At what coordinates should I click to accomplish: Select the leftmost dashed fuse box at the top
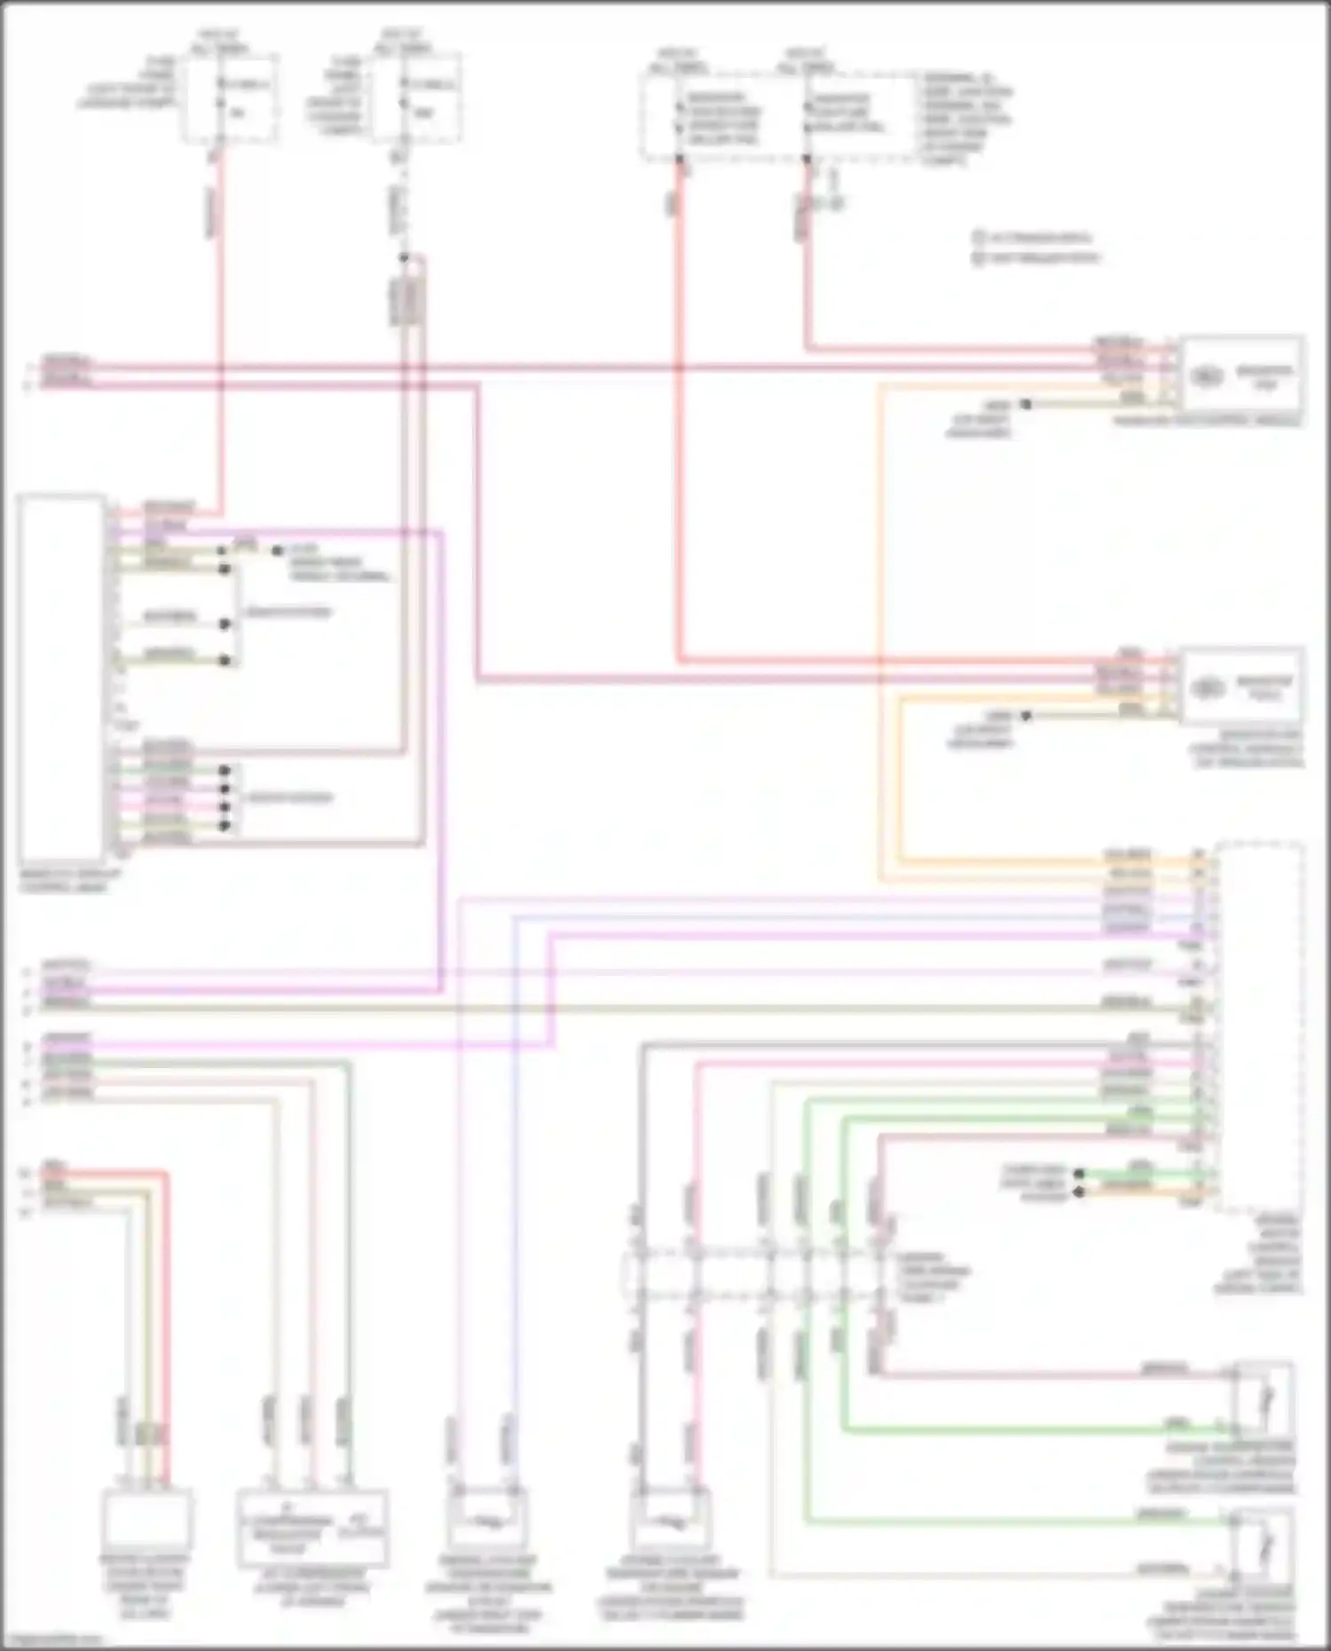coord(230,97)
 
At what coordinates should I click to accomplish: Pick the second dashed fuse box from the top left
coord(417,97)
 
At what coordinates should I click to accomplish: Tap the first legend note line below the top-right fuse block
coord(1034,238)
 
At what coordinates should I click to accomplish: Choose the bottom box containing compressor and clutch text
coord(312,1527)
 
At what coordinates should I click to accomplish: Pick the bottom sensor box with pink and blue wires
coord(486,1516)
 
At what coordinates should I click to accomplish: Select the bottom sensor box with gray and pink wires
coord(671,1517)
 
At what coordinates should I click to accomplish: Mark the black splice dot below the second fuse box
coord(404,258)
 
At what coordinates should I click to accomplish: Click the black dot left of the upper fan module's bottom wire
coord(1026,405)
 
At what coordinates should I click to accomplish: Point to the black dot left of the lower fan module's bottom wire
coord(1026,716)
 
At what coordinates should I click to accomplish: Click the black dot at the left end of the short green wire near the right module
coord(1079,1174)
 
